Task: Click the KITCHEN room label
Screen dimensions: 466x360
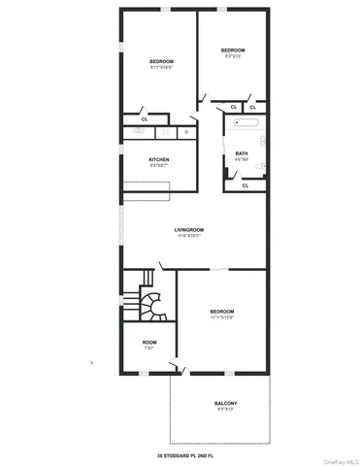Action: coord(160,160)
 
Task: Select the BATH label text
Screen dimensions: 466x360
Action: coord(242,153)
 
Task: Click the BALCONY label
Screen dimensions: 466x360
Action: coord(225,403)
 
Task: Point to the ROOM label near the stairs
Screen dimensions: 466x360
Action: coord(148,342)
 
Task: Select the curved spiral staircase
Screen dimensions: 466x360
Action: coord(151,304)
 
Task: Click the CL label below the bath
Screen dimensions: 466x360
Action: coord(245,184)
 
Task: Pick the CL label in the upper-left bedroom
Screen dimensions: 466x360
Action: coord(145,118)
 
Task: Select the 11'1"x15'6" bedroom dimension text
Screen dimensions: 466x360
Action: coord(222,316)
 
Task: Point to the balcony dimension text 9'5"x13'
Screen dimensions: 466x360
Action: coord(225,410)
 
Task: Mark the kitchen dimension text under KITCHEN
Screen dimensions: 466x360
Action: coord(160,167)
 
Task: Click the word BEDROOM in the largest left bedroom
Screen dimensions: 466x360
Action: coord(161,61)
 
